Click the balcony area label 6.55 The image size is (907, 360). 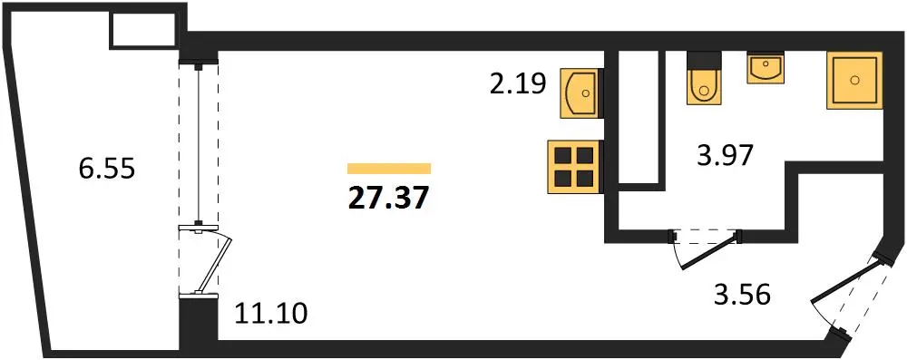coord(106,170)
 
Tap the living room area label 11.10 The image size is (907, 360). coord(270,315)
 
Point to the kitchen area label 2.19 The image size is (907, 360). coord(518,84)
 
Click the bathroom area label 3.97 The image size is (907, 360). coord(725,156)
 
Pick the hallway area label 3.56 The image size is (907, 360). coord(742,296)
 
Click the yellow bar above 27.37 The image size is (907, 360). coord(389,169)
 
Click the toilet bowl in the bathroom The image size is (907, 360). coord(704,88)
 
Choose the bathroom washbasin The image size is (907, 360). coord(766,68)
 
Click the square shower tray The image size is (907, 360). coord(855,80)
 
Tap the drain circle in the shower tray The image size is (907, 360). coord(855,80)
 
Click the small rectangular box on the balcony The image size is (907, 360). coord(143,30)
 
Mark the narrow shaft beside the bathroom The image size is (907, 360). coord(639,119)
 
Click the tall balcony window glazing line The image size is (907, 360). coord(199,145)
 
